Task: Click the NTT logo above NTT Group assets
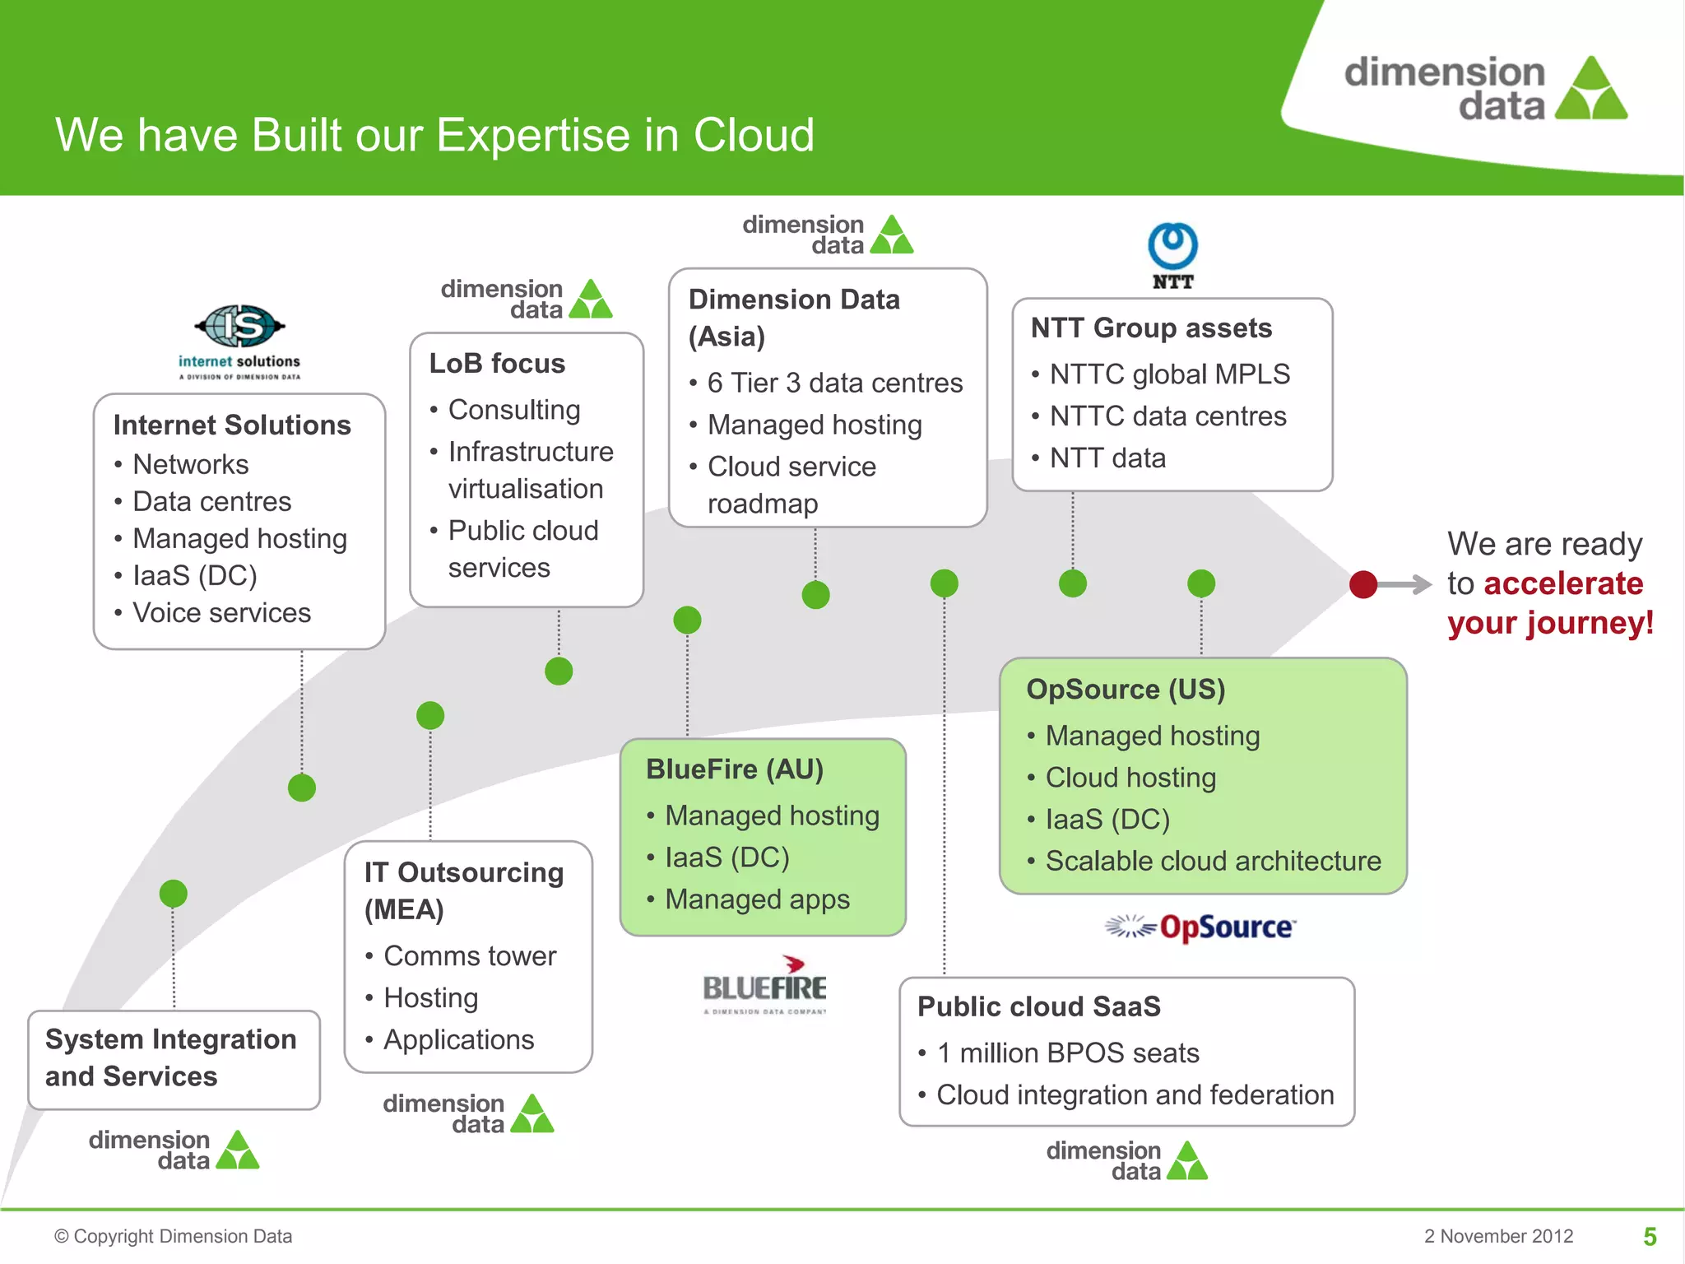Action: [x=1172, y=255]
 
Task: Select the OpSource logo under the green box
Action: [x=1201, y=927]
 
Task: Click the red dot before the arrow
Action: [x=1363, y=584]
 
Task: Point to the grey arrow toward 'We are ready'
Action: [x=1407, y=584]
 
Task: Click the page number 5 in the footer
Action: [x=1650, y=1236]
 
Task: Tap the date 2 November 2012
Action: [x=1498, y=1236]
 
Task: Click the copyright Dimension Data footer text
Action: [x=174, y=1236]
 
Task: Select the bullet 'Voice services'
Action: [x=221, y=612]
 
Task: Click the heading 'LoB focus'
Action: [x=497, y=363]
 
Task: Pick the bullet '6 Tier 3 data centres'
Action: [x=834, y=383]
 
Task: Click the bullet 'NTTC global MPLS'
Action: [x=1169, y=374]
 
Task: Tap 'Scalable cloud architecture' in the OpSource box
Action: [x=1213, y=861]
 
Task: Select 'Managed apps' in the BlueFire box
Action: [x=757, y=899]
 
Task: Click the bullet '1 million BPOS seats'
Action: [x=1067, y=1053]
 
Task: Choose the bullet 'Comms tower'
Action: [x=470, y=955]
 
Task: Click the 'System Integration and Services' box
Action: [x=174, y=1058]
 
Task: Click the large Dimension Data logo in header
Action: [x=1485, y=89]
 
